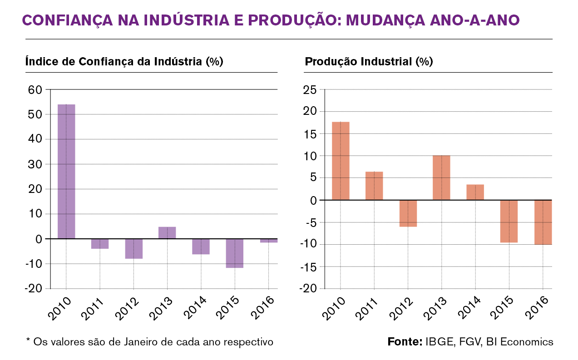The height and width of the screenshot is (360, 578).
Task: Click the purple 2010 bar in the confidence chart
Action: (x=66, y=171)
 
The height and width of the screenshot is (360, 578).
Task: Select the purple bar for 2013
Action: (x=167, y=232)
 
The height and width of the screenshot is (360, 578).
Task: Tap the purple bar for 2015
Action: (x=234, y=253)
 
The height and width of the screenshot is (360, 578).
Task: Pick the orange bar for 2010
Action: (x=341, y=161)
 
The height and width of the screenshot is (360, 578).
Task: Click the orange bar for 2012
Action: (x=408, y=213)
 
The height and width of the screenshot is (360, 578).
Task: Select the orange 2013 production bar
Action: (x=441, y=178)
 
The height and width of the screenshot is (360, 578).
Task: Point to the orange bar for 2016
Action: (x=543, y=222)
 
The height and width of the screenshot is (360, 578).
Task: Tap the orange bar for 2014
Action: (x=475, y=192)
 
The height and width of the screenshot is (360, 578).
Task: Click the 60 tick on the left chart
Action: (x=35, y=90)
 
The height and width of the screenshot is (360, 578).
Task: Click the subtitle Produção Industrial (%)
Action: (x=369, y=62)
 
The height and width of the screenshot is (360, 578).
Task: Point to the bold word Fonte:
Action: (x=405, y=341)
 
